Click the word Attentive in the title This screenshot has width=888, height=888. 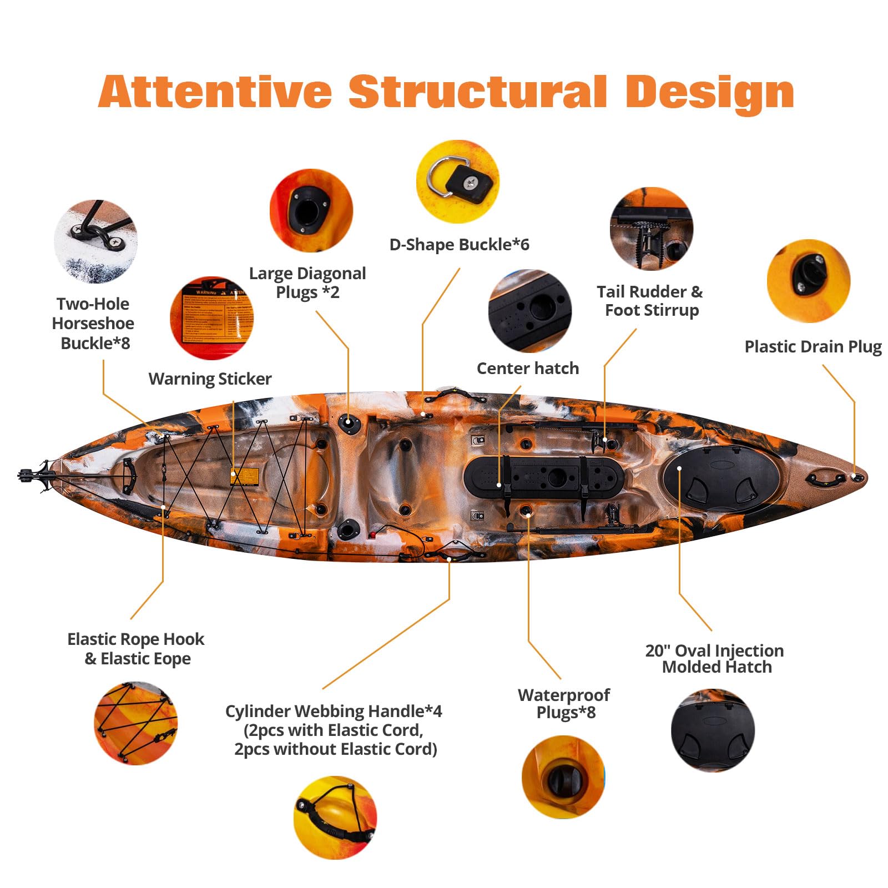(x=215, y=92)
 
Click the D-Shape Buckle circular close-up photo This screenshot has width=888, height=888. (x=458, y=181)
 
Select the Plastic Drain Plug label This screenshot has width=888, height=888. (x=813, y=347)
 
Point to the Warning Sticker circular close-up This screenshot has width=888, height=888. (x=211, y=318)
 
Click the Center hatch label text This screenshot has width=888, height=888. (x=527, y=369)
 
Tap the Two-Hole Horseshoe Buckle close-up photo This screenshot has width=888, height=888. (x=95, y=241)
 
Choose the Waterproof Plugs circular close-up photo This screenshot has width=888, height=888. (x=563, y=777)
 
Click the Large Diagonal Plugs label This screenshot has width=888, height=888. (x=307, y=282)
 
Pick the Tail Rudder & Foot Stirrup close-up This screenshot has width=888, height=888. (x=652, y=229)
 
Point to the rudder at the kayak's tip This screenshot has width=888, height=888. (x=34, y=476)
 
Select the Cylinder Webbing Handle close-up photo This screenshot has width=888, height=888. (x=335, y=818)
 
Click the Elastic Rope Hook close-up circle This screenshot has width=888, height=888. (x=136, y=723)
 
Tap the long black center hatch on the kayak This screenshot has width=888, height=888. (x=543, y=477)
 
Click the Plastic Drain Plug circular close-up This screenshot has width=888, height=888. (x=809, y=281)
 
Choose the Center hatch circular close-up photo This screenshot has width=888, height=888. (x=530, y=311)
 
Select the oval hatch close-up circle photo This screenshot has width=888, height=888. (x=713, y=730)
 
